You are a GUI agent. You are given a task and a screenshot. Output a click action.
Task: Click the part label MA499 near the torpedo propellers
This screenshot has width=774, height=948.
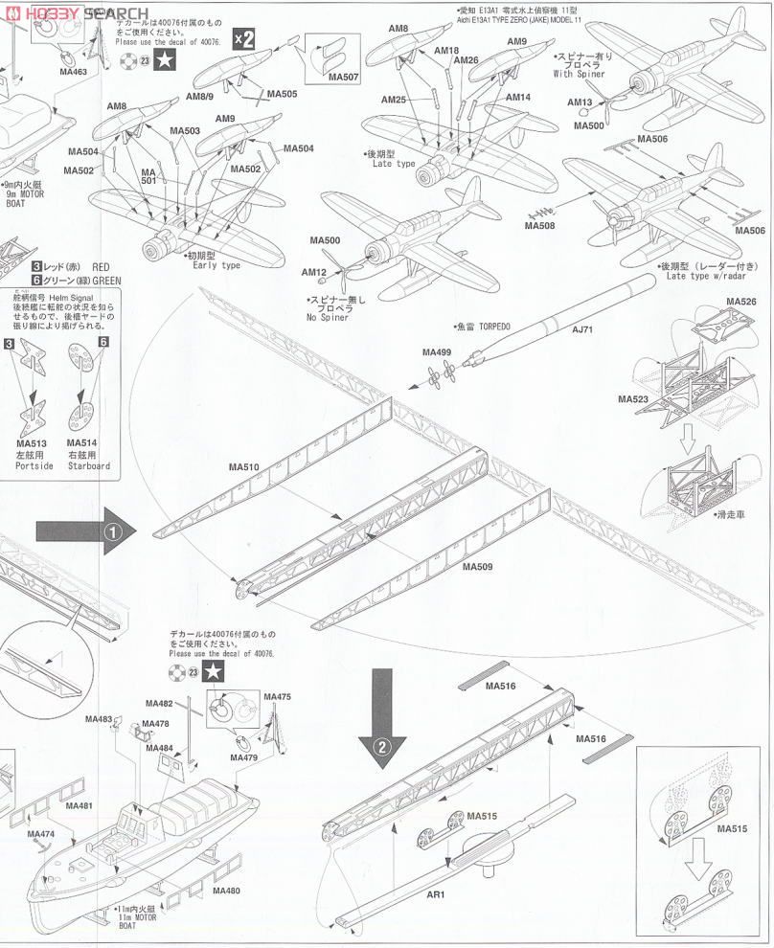437,352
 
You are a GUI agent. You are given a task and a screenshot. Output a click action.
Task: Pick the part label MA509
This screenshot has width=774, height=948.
477,566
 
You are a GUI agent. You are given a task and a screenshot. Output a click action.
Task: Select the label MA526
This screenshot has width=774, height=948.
740,302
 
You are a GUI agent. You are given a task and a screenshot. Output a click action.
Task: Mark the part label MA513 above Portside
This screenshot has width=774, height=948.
31,443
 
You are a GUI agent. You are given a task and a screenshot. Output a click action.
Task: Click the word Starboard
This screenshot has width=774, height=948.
89,466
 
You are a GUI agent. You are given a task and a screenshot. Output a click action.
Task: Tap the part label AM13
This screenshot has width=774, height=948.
580,102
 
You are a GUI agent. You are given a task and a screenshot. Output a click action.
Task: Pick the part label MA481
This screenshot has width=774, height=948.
80,805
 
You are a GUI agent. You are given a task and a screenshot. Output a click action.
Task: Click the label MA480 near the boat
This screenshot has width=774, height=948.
226,891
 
